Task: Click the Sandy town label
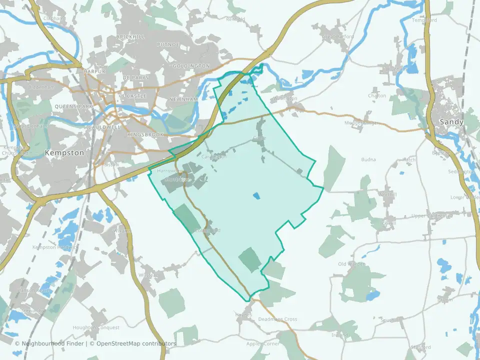451,122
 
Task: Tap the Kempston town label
64,153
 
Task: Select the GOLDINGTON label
190,66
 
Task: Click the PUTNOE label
168,45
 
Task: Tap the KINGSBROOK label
145,135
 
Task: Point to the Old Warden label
351,264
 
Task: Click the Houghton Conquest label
96,327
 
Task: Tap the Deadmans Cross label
277,319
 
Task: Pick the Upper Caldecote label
431,216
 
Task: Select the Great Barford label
338,36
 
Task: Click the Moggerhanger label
363,122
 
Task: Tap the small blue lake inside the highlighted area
256,196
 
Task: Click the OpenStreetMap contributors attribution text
136,343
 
